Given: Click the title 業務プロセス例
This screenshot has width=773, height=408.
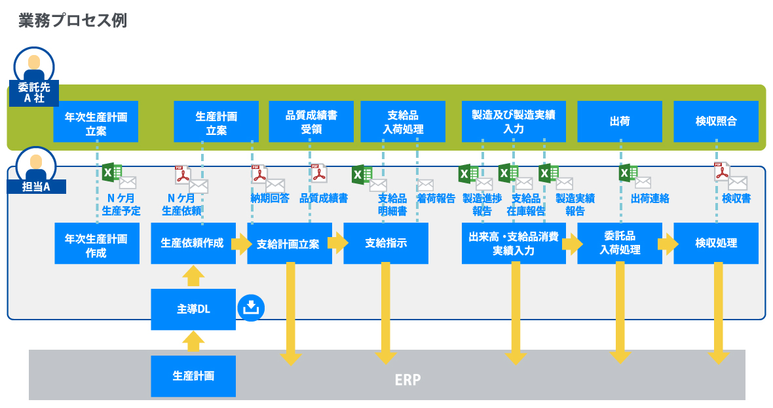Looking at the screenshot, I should [x=73, y=20].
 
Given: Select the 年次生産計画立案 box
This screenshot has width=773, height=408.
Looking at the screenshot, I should [x=96, y=122].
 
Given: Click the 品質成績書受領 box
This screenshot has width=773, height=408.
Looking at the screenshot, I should [x=311, y=122].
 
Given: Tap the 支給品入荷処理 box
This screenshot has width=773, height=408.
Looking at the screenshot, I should [x=403, y=122].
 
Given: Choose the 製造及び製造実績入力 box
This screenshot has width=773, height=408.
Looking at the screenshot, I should [x=514, y=122].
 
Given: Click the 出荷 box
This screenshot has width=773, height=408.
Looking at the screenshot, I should [x=619, y=122].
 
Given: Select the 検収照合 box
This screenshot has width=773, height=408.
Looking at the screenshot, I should [x=716, y=122].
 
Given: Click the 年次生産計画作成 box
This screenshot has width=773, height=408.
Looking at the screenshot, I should [x=96, y=244].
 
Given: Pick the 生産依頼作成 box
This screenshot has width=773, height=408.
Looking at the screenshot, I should [x=193, y=244].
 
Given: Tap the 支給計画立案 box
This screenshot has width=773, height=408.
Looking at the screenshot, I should [x=289, y=244].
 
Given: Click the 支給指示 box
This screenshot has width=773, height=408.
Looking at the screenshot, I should [x=386, y=244].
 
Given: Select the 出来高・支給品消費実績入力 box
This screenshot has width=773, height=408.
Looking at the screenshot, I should [x=514, y=244].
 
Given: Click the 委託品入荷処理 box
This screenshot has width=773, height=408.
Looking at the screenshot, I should [x=619, y=244].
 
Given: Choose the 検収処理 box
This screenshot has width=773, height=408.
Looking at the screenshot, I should [x=716, y=244].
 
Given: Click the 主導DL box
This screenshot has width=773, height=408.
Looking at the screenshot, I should [x=193, y=308].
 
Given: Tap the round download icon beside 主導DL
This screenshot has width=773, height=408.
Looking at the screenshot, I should [x=252, y=307].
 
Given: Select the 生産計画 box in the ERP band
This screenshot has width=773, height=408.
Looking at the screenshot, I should [x=193, y=376].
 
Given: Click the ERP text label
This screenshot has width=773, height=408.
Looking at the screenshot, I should [x=407, y=379].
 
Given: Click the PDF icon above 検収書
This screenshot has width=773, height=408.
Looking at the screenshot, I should [x=721, y=172].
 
